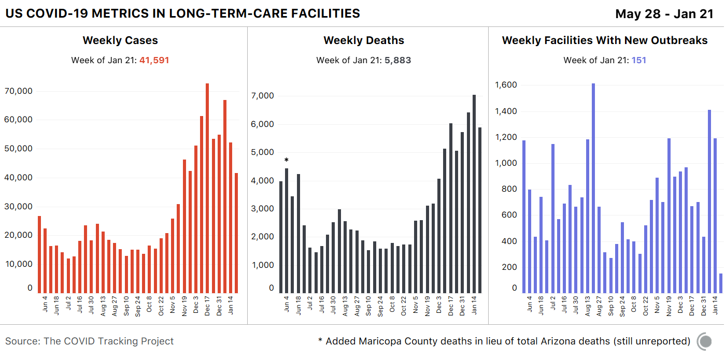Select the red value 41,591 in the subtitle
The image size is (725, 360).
tap(154, 60)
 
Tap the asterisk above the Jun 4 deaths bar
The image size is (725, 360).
tap(286, 160)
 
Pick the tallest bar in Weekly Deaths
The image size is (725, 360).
tap(474, 194)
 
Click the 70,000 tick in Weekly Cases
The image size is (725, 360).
tap(18, 91)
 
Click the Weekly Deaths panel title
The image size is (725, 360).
tap(364, 40)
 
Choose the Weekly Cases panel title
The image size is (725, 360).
tap(120, 40)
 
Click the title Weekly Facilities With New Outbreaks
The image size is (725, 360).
tap(605, 40)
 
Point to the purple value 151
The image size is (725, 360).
tap(638, 60)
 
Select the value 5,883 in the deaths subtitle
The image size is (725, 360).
tap(397, 60)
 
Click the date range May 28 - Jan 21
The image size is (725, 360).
tap(664, 14)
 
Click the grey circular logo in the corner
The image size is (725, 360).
tap(705, 341)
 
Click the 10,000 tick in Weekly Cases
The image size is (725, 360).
tap(18, 264)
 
